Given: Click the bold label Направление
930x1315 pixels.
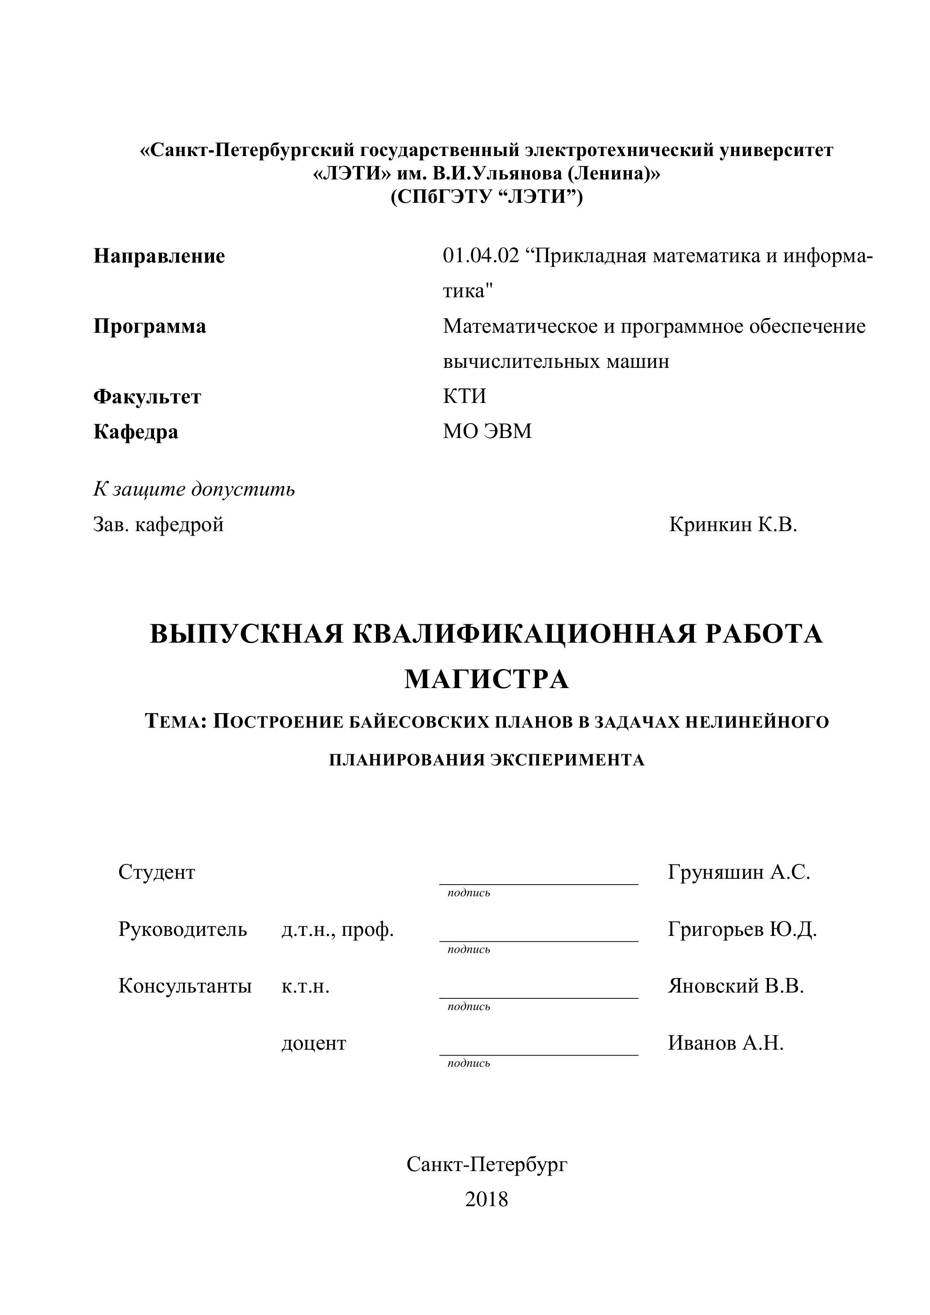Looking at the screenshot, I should (x=159, y=256).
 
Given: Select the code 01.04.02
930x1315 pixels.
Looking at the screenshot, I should (x=480, y=255).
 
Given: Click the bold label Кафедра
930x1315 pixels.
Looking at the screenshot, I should (x=136, y=431).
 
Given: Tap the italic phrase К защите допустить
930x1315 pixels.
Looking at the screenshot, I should (x=194, y=489).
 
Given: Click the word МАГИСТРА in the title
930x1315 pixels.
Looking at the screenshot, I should (x=486, y=680).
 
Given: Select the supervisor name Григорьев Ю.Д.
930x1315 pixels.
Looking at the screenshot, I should (x=742, y=929).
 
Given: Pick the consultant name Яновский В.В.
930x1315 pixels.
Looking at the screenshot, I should (x=736, y=986).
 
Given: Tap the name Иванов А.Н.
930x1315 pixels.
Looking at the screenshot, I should (x=725, y=1043).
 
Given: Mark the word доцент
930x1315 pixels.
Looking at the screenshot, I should (x=314, y=1043).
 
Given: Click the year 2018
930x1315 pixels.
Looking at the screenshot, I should (x=486, y=1199).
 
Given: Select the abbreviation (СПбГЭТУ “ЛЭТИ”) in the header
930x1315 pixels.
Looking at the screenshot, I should (x=486, y=197).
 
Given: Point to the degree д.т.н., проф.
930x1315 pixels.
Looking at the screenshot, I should (x=337, y=929).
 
